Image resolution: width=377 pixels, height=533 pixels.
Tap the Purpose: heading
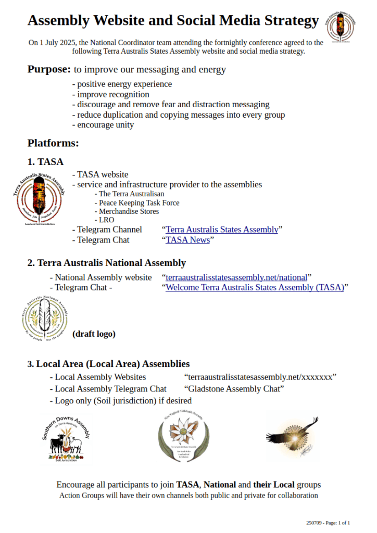(x=49, y=69)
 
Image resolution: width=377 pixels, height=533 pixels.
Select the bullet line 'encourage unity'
(x=105, y=125)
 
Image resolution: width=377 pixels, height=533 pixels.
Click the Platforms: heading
(x=53, y=143)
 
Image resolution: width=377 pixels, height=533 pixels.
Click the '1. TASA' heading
(x=45, y=162)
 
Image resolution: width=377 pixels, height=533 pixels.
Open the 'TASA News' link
(x=187, y=240)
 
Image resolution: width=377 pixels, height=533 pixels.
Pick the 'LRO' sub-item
(x=107, y=220)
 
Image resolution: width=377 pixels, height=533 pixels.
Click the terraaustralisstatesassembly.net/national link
(x=236, y=277)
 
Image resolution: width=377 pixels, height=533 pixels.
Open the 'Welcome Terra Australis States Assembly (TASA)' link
(x=255, y=287)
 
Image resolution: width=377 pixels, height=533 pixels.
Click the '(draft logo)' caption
(x=94, y=334)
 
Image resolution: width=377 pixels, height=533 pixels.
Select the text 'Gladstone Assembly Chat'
(x=234, y=389)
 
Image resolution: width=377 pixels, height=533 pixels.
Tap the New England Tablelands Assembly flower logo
(x=183, y=436)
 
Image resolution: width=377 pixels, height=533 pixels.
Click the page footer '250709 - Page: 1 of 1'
(x=328, y=522)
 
